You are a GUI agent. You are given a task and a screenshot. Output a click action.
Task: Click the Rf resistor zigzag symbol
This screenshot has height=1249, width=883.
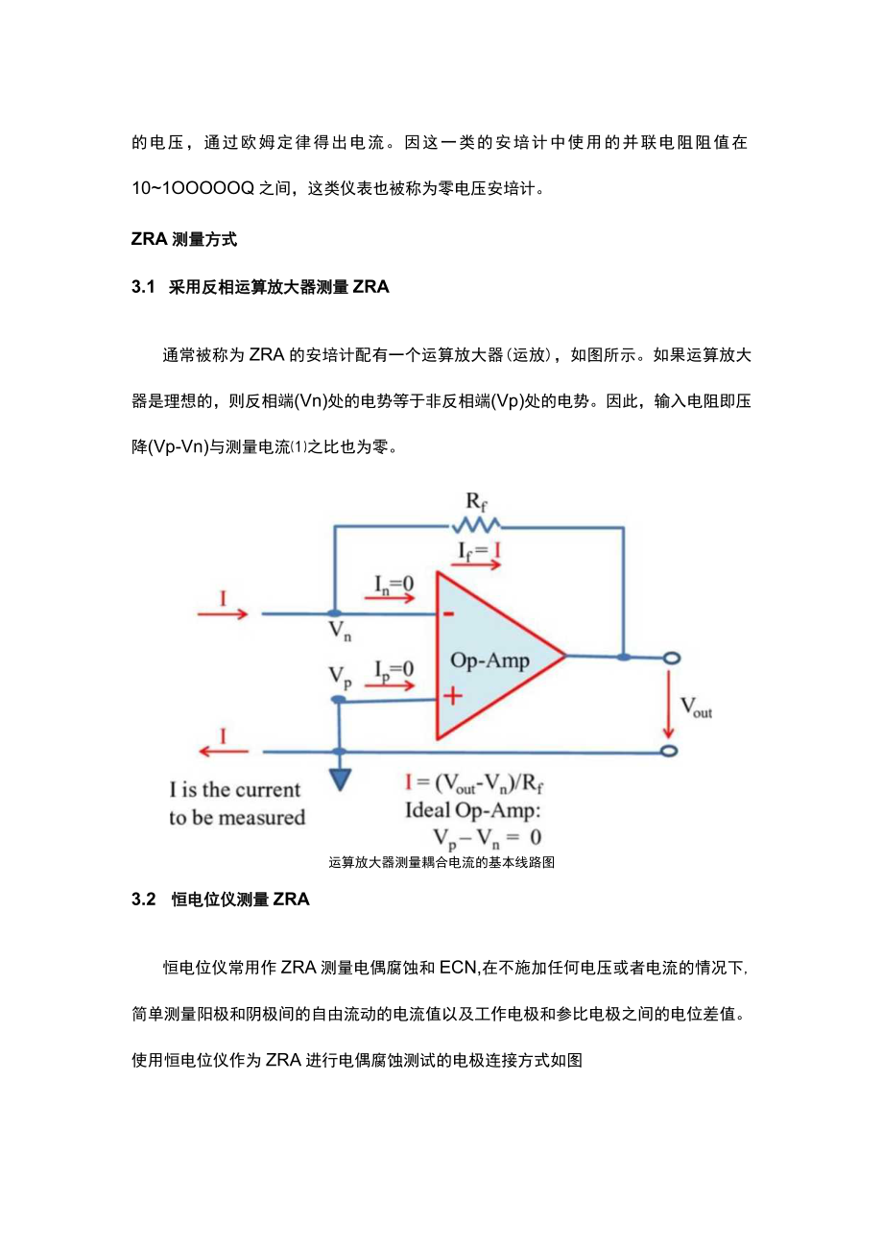[x=476, y=524]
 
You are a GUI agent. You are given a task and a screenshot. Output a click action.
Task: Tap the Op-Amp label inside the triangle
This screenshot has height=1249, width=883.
[x=489, y=661]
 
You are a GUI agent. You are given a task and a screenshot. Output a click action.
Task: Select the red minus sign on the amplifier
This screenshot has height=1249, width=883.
[x=449, y=614]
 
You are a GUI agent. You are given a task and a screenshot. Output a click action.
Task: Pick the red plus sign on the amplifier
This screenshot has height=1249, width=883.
[x=452, y=696]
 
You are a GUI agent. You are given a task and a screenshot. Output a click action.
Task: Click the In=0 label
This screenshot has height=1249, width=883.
[x=395, y=583]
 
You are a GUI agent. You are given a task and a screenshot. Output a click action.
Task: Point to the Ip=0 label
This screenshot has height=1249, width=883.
[x=394, y=668]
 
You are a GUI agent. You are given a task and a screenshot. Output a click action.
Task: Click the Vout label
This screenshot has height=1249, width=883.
[x=696, y=709]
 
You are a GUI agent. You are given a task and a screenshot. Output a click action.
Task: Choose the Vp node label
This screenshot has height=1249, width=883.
[x=339, y=677]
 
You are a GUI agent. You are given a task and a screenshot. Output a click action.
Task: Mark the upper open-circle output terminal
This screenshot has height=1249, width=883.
[x=671, y=658]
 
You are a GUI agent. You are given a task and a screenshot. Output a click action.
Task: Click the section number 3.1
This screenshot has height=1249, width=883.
[x=143, y=286]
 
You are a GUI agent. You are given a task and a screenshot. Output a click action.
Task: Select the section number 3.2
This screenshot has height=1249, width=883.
[x=143, y=900]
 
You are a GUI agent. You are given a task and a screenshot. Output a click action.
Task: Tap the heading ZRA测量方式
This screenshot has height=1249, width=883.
[x=183, y=239]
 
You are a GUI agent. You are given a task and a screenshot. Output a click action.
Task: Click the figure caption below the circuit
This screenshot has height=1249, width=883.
[x=441, y=862]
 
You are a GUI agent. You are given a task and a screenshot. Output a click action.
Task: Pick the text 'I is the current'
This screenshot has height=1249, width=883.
[x=235, y=790]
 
